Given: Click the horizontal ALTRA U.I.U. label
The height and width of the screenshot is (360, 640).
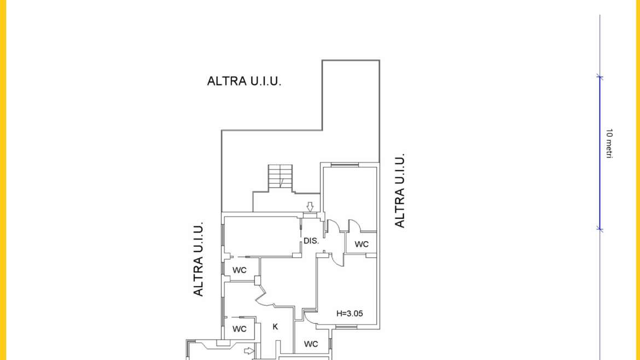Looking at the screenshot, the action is pyautogui.click(x=244, y=81).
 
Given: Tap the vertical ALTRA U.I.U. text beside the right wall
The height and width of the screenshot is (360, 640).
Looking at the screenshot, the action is pyautogui.click(x=400, y=190).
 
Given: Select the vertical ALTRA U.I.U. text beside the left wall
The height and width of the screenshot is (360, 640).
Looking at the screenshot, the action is pyautogui.click(x=198, y=259).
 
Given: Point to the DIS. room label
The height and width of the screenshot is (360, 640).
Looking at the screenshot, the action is pyautogui.click(x=311, y=241).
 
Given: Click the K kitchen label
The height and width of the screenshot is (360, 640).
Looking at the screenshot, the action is pyautogui.click(x=275, y=327).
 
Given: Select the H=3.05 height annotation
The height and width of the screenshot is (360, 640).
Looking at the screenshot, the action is pyautogui.click(x=350, y=313).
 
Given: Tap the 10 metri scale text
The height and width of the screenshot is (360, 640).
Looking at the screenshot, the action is pyautogui.click(x=609, y=143).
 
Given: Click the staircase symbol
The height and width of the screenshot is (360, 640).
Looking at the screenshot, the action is pyautogui.click(x=281, y=177).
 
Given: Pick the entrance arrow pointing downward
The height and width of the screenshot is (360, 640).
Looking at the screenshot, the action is pyautogui.click(x=310, y=206).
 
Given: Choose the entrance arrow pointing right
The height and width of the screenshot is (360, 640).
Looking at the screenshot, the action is pyautogui.click(x=249, y=351).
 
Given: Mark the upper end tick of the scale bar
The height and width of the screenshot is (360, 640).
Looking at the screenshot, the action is pyautogui.click(x=600, y=77).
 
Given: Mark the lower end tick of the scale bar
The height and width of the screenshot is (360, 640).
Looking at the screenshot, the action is pyautogui.click(x=600, y=229).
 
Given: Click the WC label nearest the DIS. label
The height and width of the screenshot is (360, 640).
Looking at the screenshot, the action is pyautogui.click(x=362, y=245).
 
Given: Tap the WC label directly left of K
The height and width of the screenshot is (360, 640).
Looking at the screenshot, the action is pyautogui.click(x=239, y=329).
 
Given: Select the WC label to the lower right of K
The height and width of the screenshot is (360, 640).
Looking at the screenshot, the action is pyautogui.click(x=311, y=344).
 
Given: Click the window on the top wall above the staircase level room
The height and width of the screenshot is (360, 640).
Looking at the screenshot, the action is pyautogui.click(x=345, y=165).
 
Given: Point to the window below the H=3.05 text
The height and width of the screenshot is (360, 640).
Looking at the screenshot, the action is pyautogui.click(x=346, y=327).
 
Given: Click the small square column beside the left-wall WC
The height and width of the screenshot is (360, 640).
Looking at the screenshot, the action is pyautogui.click(x=257, y=281).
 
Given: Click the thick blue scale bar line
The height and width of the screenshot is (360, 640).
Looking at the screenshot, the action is pyautogui.click(x=600, y=153).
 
